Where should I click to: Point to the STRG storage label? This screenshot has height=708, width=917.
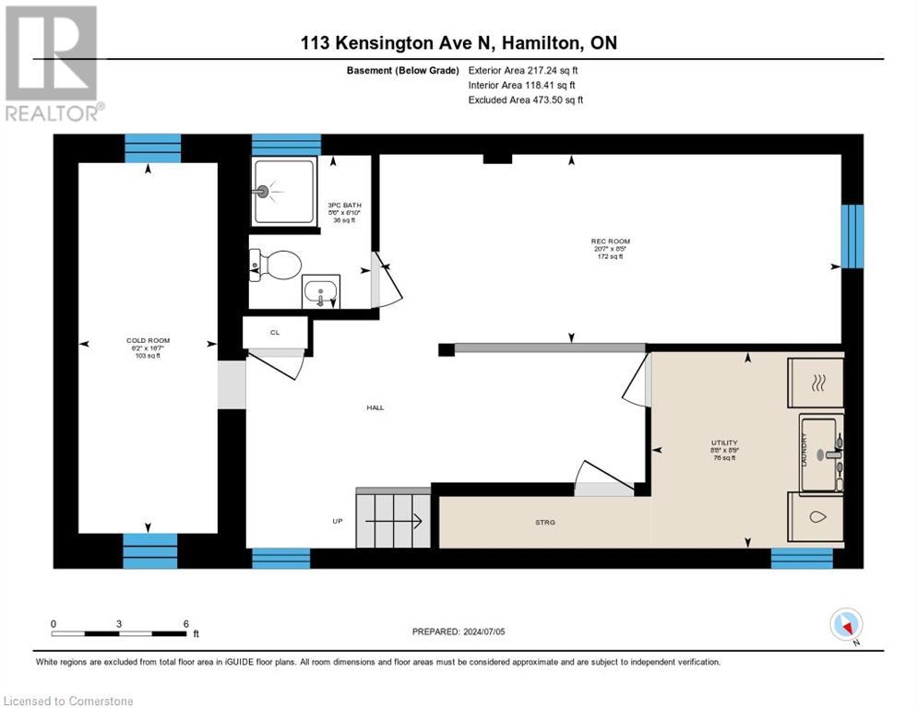(544, 522)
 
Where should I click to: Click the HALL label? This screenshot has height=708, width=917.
(375, 407)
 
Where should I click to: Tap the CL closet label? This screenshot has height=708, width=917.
(274, 332)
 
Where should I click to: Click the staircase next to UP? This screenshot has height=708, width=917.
(393, 520)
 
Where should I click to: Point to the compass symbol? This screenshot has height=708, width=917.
(845, 625)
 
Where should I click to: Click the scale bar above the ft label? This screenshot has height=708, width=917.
(120, 633)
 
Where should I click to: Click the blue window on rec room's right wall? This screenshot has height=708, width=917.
(852, 236)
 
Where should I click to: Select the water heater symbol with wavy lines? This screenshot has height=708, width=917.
(816, 383)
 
